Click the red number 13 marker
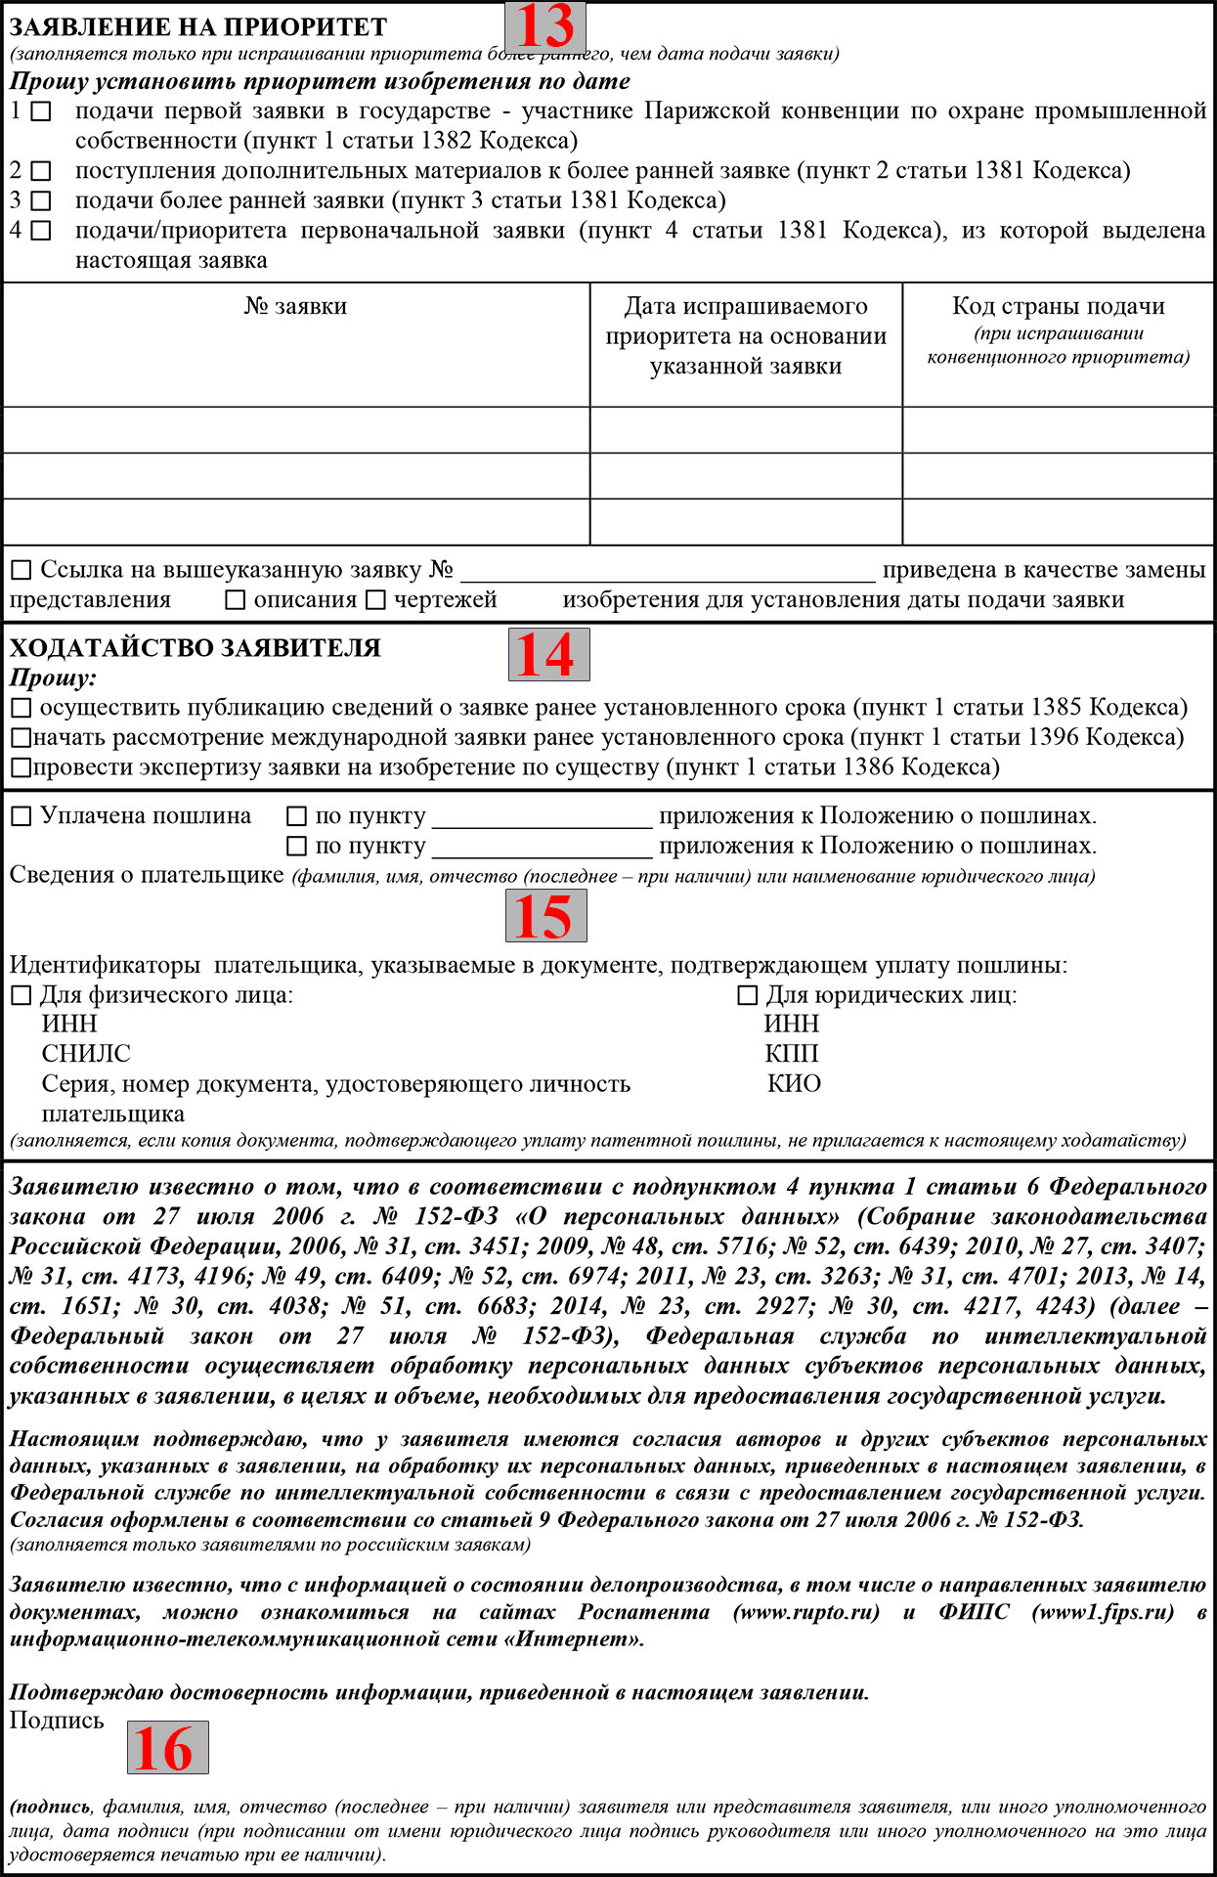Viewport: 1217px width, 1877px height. (x=544, y=26)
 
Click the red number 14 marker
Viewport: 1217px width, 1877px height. (x=548, y=654)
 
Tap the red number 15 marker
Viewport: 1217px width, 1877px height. (x=545, y=916)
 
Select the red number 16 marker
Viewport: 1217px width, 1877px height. (x=167, y=1747)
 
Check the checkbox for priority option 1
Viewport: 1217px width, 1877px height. (x=41, y=112)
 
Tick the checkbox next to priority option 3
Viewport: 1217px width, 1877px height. (x=41, y=202)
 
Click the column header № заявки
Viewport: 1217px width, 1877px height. (x=295, y=307)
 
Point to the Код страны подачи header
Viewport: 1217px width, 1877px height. (x=1059, y=307)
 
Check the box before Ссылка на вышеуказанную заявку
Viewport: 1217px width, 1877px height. (x=22, y=570)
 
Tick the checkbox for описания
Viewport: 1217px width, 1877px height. (x=236, y=600)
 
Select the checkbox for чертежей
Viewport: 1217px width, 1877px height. (x=376, y=600)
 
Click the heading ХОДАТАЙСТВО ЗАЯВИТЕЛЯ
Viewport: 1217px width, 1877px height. (x=196, y=648)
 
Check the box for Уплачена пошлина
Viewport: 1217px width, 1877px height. (x=22, y=816)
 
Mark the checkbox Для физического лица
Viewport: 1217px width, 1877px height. (x=22, y=996)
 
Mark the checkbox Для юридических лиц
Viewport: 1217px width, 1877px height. (x=748, y=996)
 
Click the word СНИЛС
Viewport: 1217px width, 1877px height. (x=86, y=1054)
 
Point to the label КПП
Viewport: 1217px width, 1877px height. (x=792, y=1054)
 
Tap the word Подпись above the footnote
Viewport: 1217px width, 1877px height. (x=57, y=1721)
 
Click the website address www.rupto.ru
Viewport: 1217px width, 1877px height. (x=806, y=1612)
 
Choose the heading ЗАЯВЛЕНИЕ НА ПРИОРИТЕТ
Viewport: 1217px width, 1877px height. (x=198, y=27)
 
